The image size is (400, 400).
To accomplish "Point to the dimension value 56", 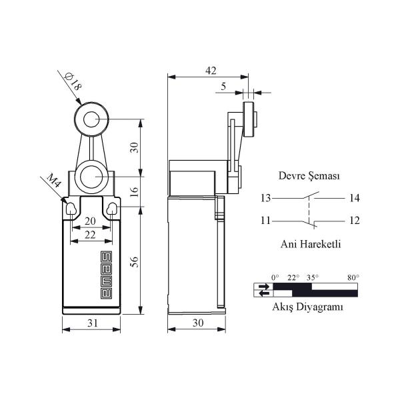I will (134, 261).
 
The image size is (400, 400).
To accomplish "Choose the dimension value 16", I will (134, 191).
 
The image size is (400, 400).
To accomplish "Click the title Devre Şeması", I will (309, 177).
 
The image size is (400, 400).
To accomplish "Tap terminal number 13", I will (266, 198).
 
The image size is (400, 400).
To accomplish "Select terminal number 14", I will (353, 198).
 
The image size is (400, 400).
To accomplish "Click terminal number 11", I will (266, 221).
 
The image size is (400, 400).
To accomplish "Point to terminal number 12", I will (353, 221).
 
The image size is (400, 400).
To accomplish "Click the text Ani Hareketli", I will (310, 245).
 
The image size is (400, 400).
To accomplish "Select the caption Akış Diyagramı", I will (307, 307).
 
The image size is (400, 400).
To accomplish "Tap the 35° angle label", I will (312, 277).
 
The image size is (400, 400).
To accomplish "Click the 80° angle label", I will (353, 277).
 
